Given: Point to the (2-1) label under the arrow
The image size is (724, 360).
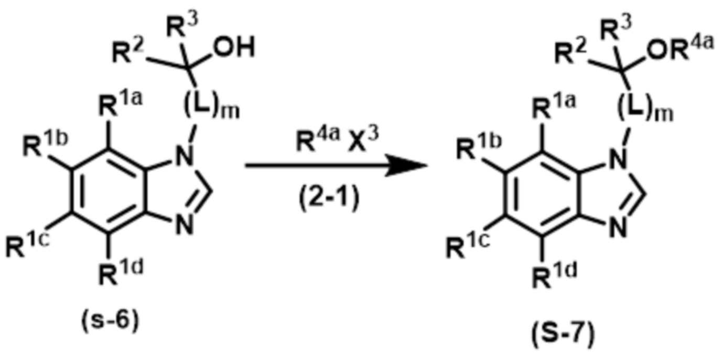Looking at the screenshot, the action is [329, 200].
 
